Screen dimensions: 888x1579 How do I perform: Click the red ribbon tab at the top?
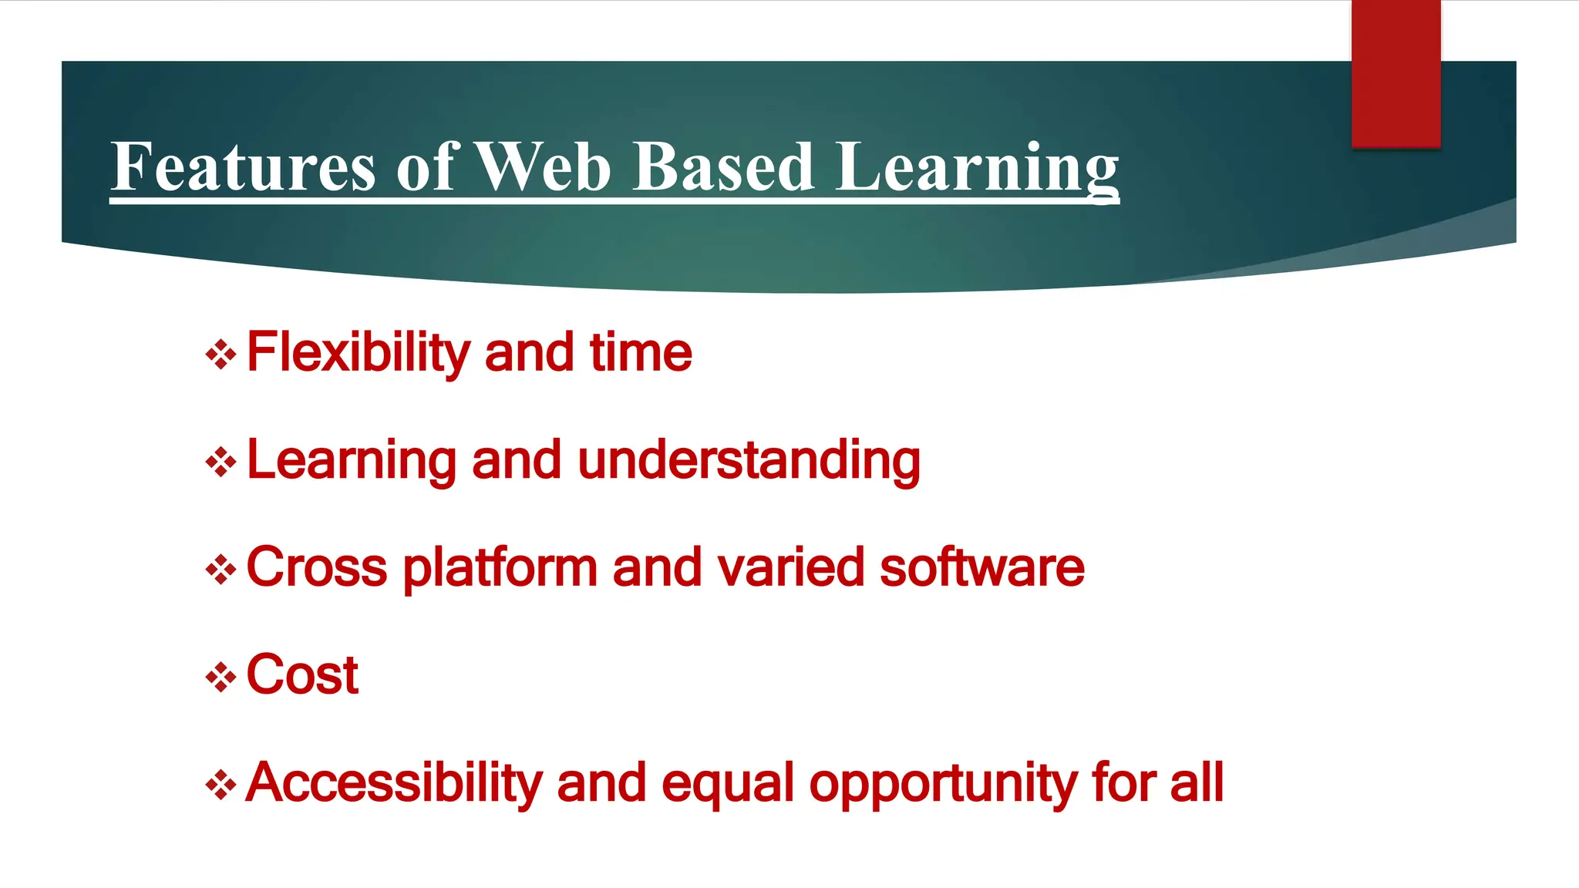[x=1396, y=73]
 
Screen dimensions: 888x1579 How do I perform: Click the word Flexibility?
[x=358, y=353]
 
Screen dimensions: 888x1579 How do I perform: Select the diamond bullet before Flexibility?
[x=221, y=355]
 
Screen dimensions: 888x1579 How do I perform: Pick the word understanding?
[x=749, y=461]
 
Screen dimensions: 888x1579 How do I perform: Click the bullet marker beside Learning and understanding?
[x=221, y=463]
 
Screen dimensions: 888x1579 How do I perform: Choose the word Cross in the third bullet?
[x=316, y=568]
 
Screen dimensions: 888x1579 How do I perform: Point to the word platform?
[x=500, y=568]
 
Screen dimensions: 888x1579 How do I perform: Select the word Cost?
[x=302, y=675]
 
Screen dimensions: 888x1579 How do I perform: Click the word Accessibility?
[x=394, y=783]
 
